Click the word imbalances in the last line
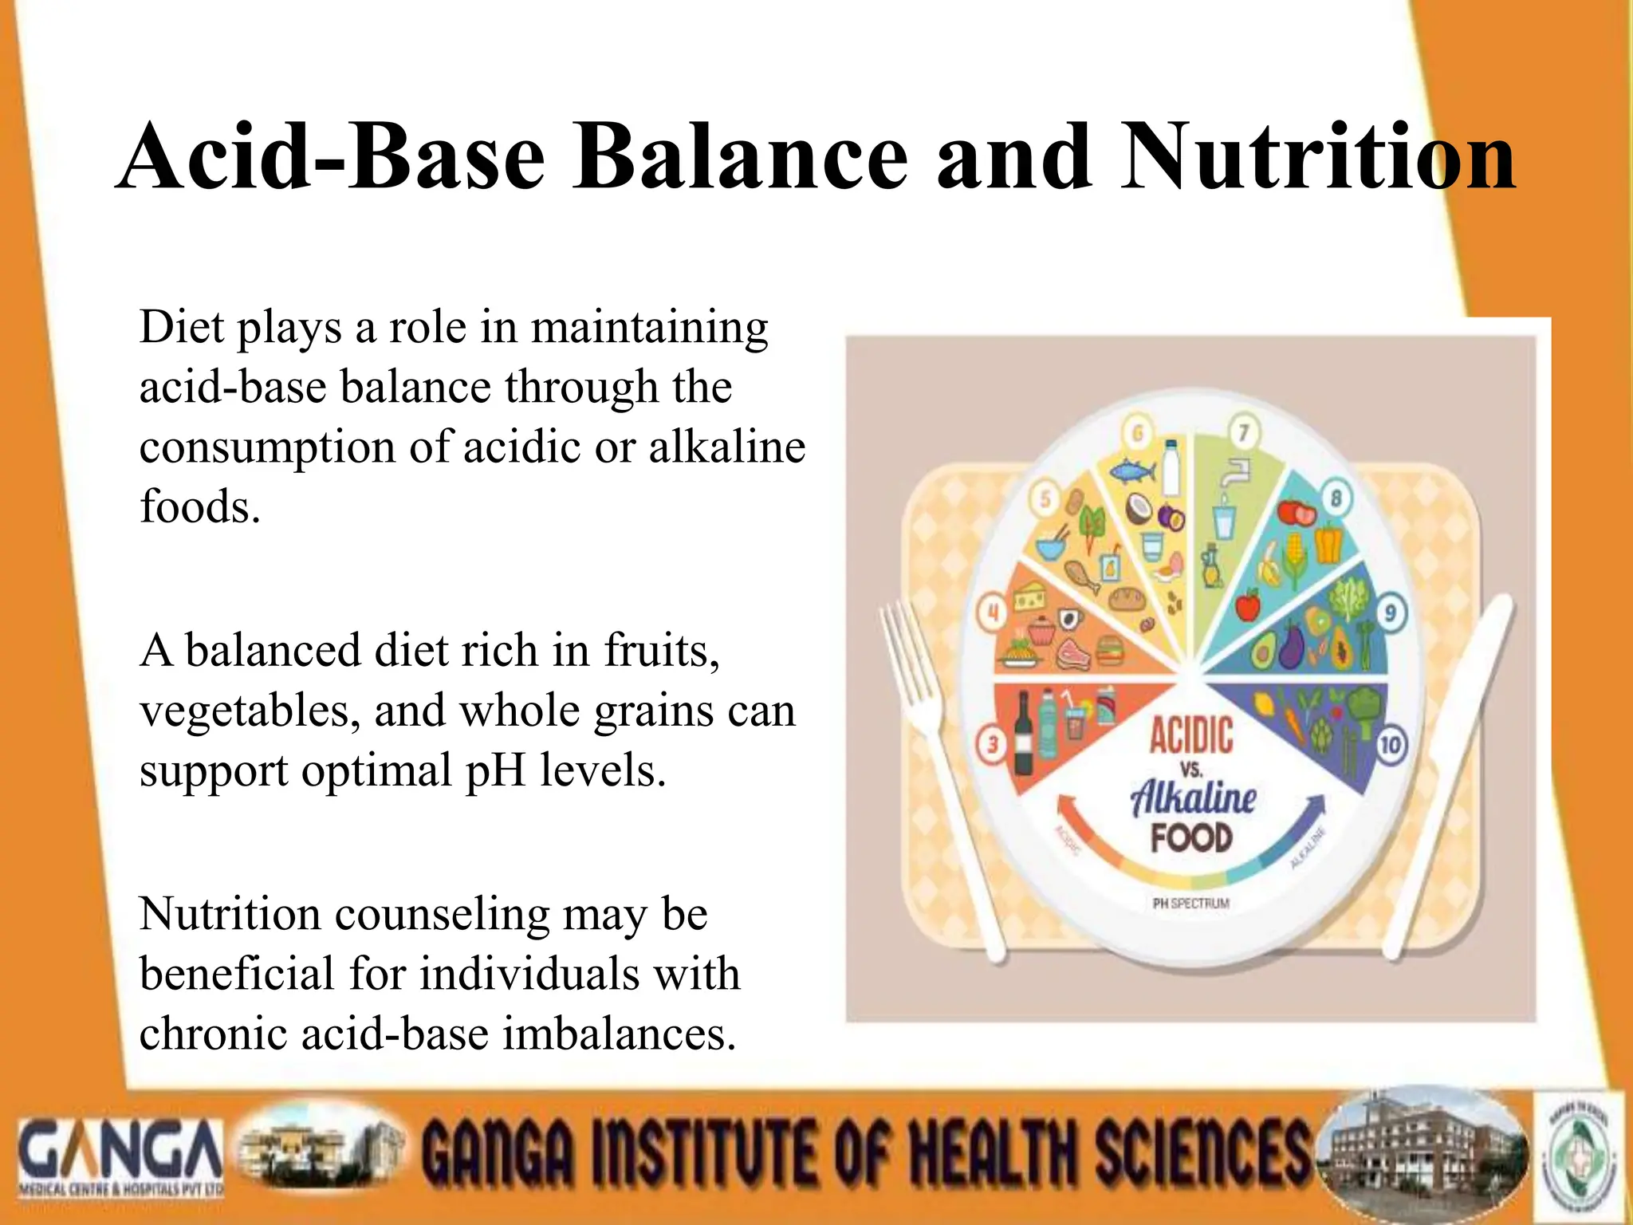coord(619,1034)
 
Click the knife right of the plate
coord(1451,758)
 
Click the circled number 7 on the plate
coord(1242,433)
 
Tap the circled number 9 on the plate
coord(1391,612)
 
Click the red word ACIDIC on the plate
coord(1191,735)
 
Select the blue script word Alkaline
coord(1193,798)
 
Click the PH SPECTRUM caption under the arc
coord(1191,904)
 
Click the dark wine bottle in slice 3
coord(1023,734)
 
